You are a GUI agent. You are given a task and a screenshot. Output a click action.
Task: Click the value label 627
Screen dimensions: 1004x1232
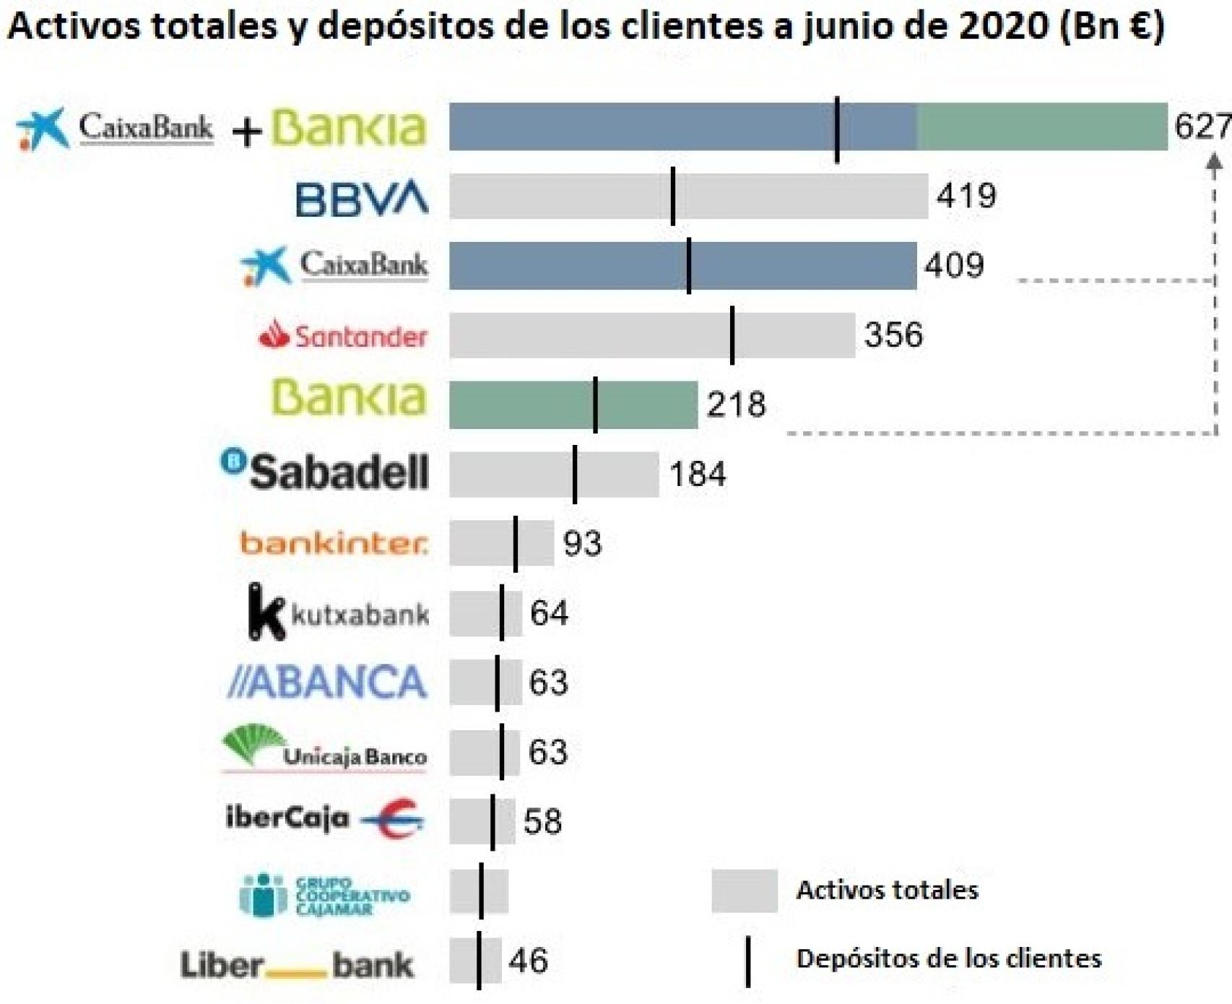pyautogui.click(x=1202, y=126)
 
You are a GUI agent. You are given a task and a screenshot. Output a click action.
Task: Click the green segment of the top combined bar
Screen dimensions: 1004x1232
pyautogui.click(x=1042, y=127)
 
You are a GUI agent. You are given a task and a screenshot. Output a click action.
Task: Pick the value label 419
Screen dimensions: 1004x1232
pyautogui.click(x=966, y=196)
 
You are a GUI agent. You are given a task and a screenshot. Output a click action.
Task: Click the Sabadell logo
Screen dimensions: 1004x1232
pyautogui.click(x=325, y=472)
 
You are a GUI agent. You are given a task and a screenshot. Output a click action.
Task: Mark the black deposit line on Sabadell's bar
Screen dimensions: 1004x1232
pyautogui.click(x=575, y=475)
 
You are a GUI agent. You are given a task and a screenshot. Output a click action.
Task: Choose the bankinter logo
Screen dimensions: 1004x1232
pyautogui.click(x=334, y=542)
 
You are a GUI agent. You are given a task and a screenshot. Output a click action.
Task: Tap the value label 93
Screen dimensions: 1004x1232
pyautogui.click(x=582, y=543)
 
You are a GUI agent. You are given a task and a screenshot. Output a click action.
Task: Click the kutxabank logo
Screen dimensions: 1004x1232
pyautogui.click(x=338, y=613)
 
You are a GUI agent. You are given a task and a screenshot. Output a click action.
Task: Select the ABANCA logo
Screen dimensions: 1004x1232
pyautogui.click(x=327, y=682)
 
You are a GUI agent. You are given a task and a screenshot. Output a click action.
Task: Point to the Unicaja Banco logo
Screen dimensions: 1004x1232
pyautogui.click(x=324, y=749)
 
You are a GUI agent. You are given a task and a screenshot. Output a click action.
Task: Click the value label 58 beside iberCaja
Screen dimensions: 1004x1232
pyautogui.click(x=542, y=821)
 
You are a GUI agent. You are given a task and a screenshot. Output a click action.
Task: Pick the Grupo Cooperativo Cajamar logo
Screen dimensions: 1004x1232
pyautogui.click(x=324, y=895)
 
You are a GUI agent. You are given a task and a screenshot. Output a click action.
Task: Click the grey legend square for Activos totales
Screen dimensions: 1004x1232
pyautogui.click(x=744, y=891)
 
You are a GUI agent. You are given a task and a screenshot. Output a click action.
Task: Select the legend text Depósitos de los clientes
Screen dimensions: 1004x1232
pyautogui.click(x=948, y=958)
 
